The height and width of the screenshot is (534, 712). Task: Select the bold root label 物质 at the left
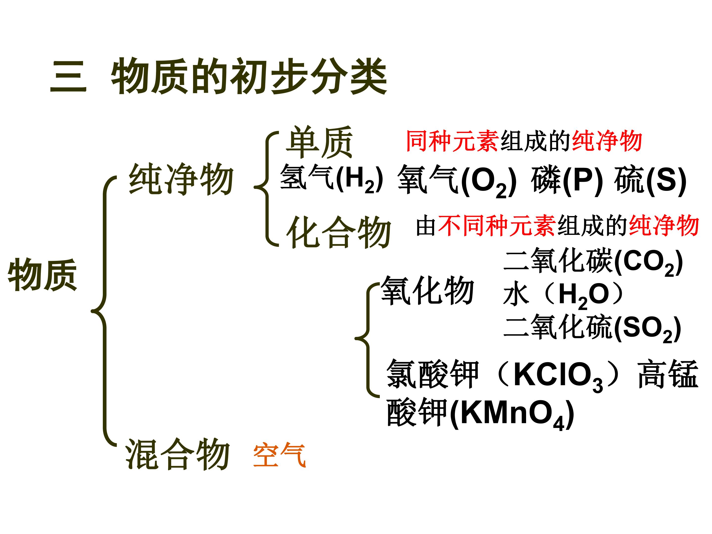click(x=43, y=275)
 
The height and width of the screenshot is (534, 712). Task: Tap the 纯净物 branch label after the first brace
click(x=181, y=179)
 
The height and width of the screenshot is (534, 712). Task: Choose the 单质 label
click(x=319, y=142)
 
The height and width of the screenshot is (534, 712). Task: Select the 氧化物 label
click(x=427, y=291)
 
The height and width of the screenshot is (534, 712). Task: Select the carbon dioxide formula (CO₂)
click(x=648, y=263)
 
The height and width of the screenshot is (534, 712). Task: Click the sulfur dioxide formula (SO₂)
click(x=647, y=329)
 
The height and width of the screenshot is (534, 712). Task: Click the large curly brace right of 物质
click(x=104, y=311)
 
